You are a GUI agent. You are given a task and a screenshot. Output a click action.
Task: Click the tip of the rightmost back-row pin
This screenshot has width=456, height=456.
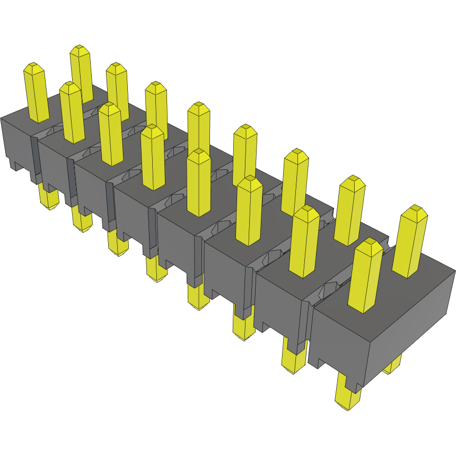point(414,211)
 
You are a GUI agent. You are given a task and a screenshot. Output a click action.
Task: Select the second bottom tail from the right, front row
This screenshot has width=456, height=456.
point(293,361)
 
